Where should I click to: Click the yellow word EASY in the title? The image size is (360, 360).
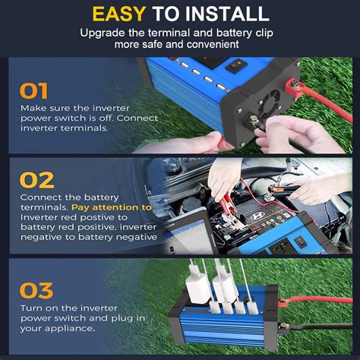pos(119,14)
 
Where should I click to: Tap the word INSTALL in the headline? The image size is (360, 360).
pos(227,14)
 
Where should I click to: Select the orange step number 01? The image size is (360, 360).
pos(33,91)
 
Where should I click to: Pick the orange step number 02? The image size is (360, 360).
pos(36,180)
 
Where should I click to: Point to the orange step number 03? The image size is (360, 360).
pos(36,290)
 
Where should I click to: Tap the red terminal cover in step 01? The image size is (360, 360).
pos(295,87)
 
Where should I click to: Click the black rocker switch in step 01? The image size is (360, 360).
pos(236,65)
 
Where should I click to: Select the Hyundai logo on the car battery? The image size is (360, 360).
pos(257,216)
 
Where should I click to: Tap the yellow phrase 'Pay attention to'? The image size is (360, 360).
pos(112,207)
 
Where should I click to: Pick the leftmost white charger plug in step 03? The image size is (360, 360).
pos(195,283)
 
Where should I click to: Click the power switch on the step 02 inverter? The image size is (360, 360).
pos(301,242)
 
